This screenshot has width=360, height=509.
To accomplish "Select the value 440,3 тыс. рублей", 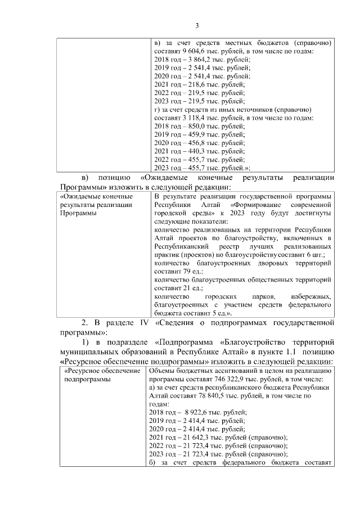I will (189, 151).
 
